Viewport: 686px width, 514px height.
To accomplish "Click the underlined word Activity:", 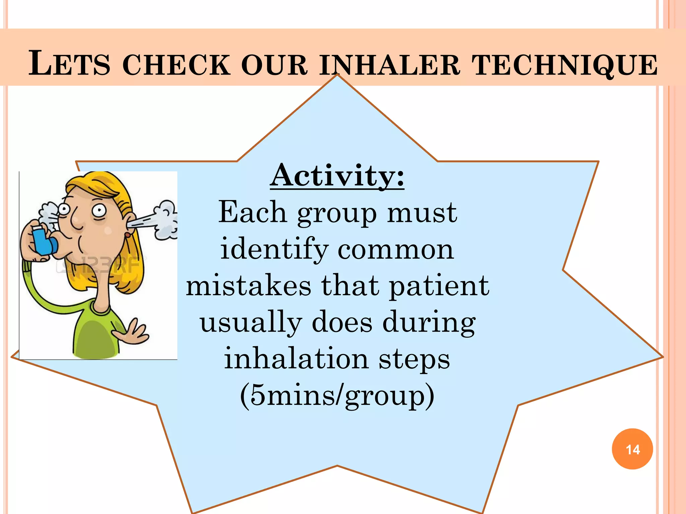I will point(337,176).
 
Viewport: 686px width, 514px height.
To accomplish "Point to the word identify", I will point(274,249).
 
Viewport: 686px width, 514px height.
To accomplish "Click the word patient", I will point(439,286).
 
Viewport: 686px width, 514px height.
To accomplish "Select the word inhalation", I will point(296,358).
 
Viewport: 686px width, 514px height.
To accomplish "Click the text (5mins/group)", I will point(337,396).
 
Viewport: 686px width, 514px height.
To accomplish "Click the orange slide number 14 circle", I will point(632,449).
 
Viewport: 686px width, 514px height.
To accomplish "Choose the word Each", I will point(253,212).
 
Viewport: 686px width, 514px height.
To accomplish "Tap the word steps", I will point(414,359).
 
